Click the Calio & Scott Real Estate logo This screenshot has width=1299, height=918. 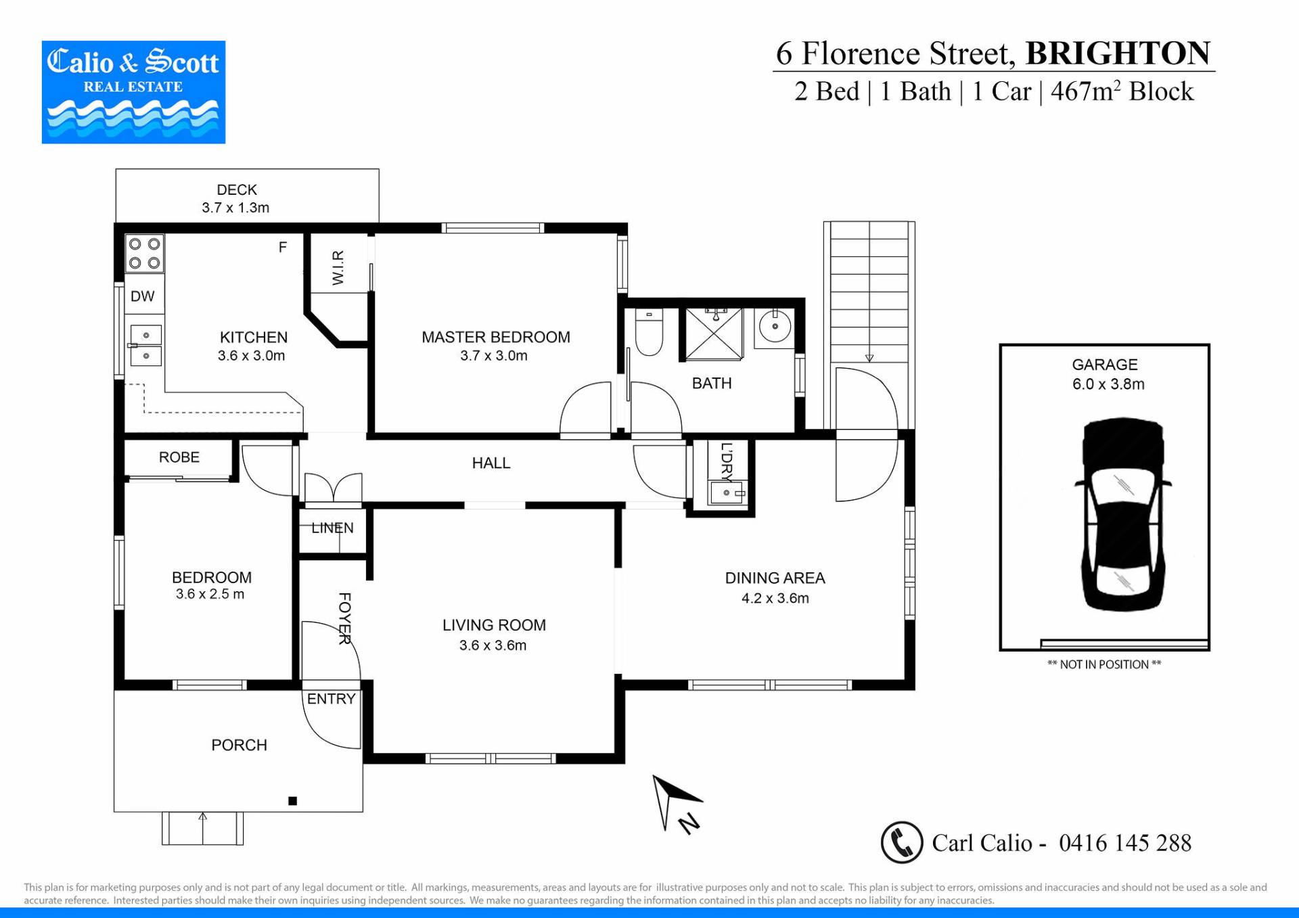coord(133,92)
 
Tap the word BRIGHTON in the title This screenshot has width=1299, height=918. coord(1118,53)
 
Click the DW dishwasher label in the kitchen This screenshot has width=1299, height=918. coord(142,296)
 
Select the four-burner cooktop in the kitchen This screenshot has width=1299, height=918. coord(145,253)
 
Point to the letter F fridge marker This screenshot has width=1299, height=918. coord(283,248)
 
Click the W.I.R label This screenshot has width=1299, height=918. coord(338,267)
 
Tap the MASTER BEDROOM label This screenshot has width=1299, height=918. coord(496,337)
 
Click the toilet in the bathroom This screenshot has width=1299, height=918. coord(649,331)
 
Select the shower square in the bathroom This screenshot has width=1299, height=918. coord(714,334)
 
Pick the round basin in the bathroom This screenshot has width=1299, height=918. coord(775,327)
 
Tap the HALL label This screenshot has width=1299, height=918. coord(491,463)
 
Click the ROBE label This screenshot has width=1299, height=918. coord(179,457)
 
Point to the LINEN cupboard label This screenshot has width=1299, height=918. coord(332,528)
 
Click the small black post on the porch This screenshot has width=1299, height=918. coord(293,801)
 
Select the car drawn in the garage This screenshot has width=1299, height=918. coord(1123,515)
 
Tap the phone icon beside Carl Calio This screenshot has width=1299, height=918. coord(902,843)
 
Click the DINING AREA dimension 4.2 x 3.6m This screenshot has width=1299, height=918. coord(775,598)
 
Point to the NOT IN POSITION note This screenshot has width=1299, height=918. coord(1104,664)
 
